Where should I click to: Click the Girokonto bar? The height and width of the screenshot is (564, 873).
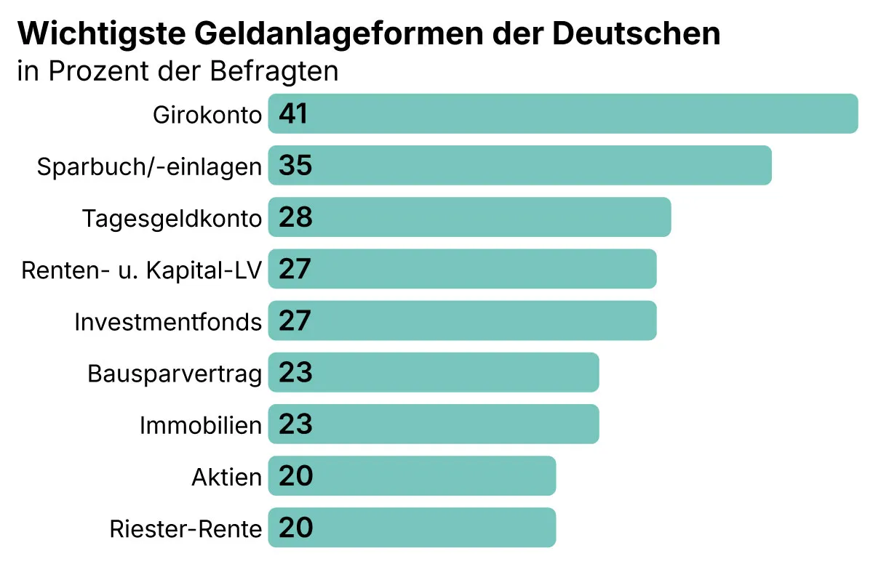coord(564,113)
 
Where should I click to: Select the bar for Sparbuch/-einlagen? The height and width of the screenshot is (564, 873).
coord(520,166)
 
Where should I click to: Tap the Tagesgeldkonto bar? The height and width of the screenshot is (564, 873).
coord(470,217)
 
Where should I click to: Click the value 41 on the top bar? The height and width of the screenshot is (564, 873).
coord(293,114)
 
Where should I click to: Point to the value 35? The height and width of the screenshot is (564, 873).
coord(295,166)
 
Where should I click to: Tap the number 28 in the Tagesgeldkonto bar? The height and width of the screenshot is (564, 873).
coord(295,217)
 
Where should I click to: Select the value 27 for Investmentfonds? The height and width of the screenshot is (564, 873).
coord(295,321)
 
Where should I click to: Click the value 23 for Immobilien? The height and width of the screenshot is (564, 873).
coord(295,424)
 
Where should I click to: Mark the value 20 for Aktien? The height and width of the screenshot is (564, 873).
coord(295,476)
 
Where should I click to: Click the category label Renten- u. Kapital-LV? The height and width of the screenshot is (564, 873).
coord(141,270)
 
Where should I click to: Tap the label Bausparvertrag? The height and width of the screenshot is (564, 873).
coord(174,374)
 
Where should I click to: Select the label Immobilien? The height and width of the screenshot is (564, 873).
coord(200,425)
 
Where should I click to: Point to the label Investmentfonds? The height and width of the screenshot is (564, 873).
coord(167,321)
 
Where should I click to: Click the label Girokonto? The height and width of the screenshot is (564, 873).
coord(207,115)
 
